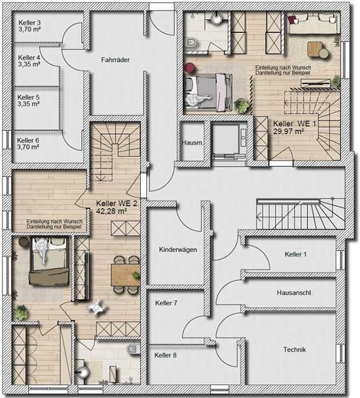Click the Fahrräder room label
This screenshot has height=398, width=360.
click(x=116, y=60)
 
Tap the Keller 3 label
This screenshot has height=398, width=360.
click(x=30, y=23)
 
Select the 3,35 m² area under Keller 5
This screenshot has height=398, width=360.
click(x=28, y=104)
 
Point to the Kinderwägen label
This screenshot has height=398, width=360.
click(x=178, y=250)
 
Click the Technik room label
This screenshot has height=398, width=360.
click(x=294, y=350)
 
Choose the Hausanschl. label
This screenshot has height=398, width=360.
click(x=295, y=292)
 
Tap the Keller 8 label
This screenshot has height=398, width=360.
click(x=165, y=355)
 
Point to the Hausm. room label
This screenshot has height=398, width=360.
click(x=192, y=143)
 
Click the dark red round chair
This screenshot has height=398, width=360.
click(x=190, y=68)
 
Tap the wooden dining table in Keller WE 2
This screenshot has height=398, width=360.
click(x=126, y=275)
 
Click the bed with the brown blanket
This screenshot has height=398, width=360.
click(x=49, y=261)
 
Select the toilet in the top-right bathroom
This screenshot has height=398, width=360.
click(x=191, y=43)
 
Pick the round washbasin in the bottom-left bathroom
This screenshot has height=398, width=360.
click(x=83, y=372)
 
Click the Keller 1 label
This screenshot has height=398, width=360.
click(x=296, y=254)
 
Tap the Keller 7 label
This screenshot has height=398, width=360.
click(x=166, y=303)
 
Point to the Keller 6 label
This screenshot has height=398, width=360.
click(x=28, y=140)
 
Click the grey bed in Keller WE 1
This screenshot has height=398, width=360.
click(x=208, y=93)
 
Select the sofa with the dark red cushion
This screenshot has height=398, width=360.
click(x=314, y=23)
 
